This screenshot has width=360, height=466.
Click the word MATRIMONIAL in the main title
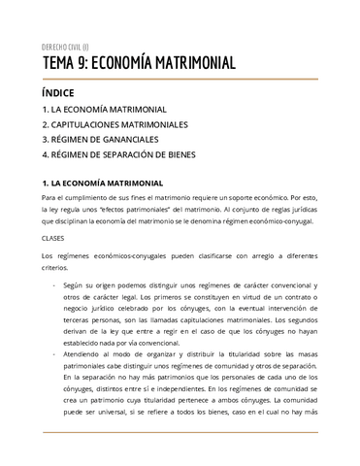click(188, 64)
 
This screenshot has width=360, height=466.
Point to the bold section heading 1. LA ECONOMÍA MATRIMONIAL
click(111, 183)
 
